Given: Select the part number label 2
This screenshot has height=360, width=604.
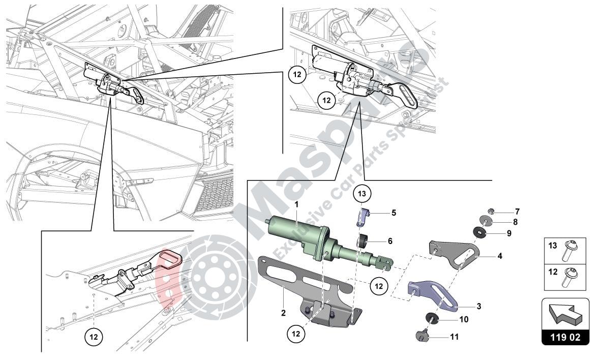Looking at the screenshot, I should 283,313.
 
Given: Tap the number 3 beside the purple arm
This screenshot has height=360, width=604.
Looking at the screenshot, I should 478,307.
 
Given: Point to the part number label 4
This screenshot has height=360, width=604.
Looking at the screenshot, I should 500,256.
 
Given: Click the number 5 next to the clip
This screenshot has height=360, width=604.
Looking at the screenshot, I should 394,213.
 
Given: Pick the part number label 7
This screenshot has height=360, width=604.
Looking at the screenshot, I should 517,211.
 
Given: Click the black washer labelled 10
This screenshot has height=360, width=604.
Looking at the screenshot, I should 432,319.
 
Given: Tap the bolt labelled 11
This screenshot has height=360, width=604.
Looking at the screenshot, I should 422,335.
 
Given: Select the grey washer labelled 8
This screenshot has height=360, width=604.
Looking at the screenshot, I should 486,221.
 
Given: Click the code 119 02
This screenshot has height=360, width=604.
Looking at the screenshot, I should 565,337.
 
